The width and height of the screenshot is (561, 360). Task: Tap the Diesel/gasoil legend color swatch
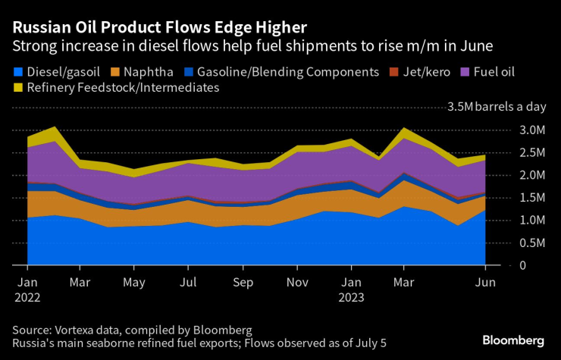click(x=17, y=72)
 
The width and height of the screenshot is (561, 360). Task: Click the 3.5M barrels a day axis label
click(x=497, y=107)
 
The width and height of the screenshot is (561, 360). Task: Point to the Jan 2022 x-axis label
click(x=27, y=289)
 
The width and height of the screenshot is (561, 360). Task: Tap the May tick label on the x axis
click(x=133, y=282)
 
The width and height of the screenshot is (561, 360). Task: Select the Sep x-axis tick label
click(x=243, y=282)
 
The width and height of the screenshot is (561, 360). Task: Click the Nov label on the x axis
click(x=298, y=282)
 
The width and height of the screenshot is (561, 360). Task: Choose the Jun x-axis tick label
click(x=484, y=282)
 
